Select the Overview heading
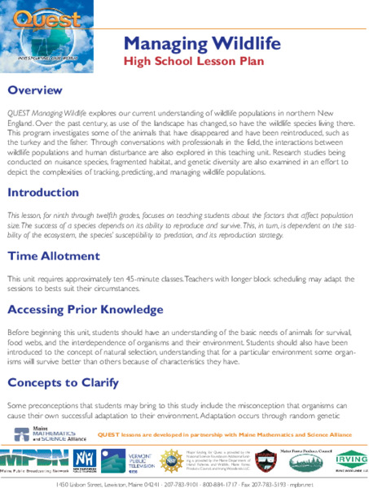coord(36,89)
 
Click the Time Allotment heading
coord(54,256)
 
